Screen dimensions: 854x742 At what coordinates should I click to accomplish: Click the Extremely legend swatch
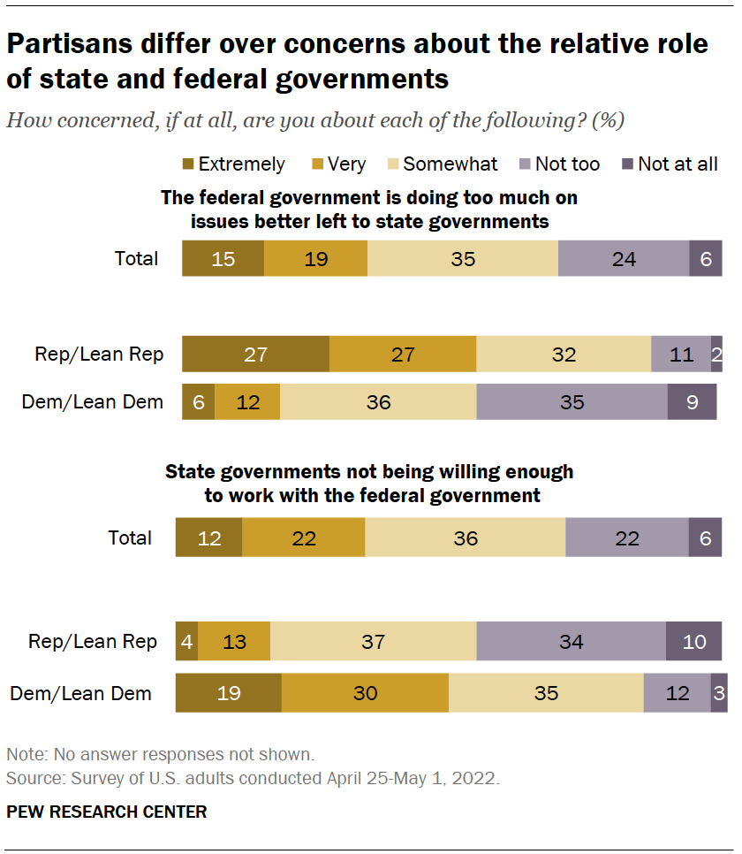click(189, 164)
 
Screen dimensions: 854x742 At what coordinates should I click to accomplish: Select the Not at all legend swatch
click(628, 164)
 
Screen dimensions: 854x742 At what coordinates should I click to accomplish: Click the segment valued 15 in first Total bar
click(223, 259)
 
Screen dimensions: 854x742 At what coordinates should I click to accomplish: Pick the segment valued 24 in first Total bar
click(623, 259)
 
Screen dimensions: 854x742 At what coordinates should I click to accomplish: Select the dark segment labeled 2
click(716, 355)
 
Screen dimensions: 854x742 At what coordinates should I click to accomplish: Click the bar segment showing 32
click(564, 355)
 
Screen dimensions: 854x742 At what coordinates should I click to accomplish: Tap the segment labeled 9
click(692, 402)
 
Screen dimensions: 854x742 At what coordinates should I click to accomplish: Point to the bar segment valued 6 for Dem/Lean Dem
click(198, 402)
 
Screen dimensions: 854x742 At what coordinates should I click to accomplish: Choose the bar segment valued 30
click(364, 693)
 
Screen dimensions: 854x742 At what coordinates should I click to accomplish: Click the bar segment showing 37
click(373, 642)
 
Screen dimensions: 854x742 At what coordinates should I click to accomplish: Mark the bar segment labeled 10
click(694, 642)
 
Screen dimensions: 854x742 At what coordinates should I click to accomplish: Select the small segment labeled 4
click(186, 642)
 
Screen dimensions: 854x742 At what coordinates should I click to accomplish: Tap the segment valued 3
click(719, 693)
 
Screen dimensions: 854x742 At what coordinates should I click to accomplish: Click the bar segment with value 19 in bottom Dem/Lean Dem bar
click(228, 693)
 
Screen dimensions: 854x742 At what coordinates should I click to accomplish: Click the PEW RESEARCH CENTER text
click(106, 812)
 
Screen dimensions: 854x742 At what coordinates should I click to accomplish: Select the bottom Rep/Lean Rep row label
click(93, 642)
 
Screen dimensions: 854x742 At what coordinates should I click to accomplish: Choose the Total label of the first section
click(136, 259)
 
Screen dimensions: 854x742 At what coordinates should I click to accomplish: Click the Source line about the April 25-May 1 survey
click(253, 779)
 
